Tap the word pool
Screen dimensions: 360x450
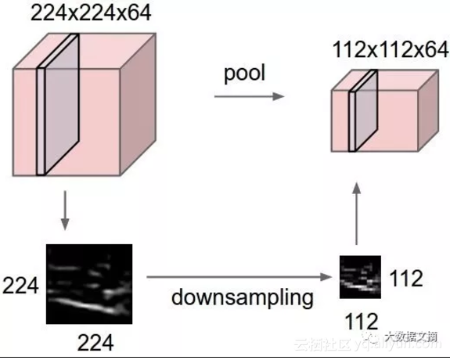[244, 74]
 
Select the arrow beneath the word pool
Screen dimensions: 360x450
[247, 96]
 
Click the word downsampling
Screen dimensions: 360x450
[244, 297]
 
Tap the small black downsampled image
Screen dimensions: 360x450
[360, 278]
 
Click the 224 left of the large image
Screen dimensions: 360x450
[20, 286]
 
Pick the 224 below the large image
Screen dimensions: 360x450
[94, 342]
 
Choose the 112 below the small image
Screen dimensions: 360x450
[361, 320]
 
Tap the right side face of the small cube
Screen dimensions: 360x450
[427, 113]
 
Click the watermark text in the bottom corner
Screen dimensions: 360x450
[368, 344]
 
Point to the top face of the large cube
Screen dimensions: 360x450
[90, 49]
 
